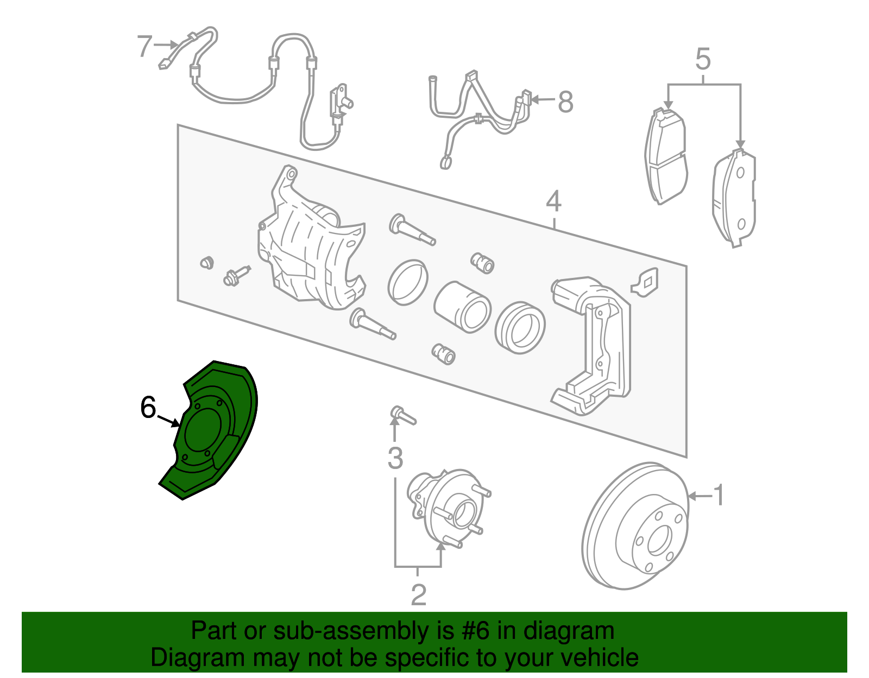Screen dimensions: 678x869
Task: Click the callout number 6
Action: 148,407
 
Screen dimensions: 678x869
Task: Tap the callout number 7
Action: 144,46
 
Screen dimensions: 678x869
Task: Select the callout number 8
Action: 565,102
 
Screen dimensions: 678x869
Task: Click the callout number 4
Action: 553,201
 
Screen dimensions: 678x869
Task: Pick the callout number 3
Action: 395,458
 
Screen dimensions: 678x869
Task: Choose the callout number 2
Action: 418,595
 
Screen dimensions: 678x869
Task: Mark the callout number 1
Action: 719,495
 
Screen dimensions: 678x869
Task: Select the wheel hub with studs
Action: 448,508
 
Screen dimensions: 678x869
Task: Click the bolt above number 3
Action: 402,415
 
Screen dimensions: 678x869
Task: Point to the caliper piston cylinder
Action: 462,307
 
